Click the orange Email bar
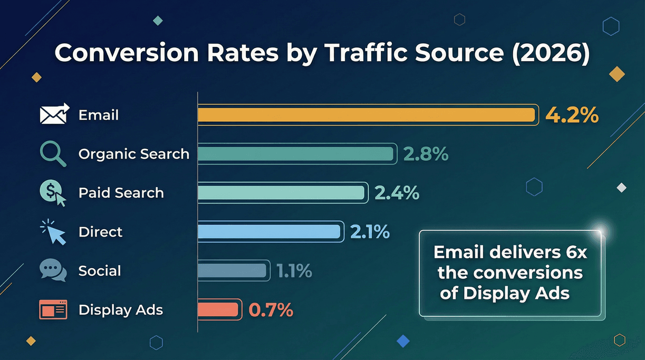click(367, 115)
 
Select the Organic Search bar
click(296, 154)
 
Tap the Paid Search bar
click(282, 193)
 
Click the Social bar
click(232, 271)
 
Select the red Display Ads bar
click(218, 310)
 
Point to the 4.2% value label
click(572, 115)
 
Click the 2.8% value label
click(426, 154)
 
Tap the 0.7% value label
click(271, 310)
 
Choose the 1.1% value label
click(294, 271)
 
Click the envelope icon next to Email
click(54, 114)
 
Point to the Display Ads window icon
click(53, 310)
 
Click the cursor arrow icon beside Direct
click(55, 232)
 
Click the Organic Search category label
click(133, 154)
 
